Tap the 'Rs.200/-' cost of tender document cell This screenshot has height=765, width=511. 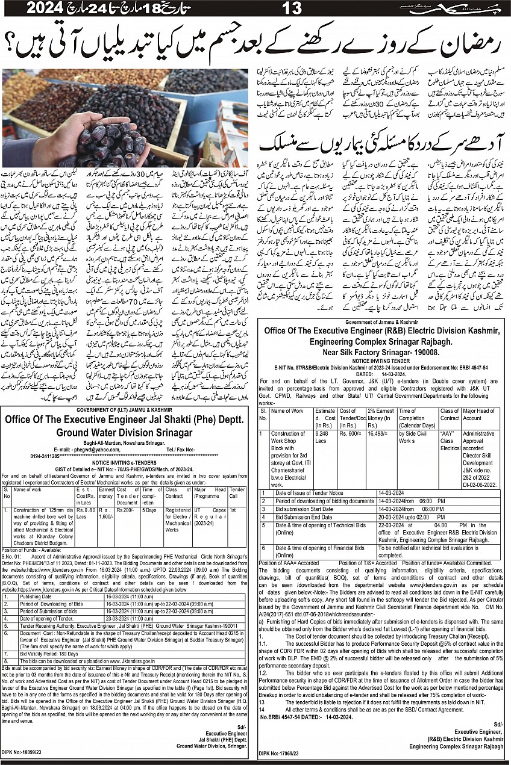tap(127, 509)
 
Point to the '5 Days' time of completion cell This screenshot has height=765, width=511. tap(150, 509)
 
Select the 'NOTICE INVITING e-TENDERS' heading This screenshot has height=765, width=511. tap(126, 463)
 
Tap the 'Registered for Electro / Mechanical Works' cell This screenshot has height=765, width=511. tap(178, 520)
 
